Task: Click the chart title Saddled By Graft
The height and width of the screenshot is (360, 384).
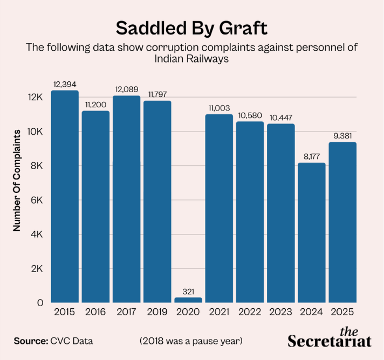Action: pyautogui.click(x=191, y=28)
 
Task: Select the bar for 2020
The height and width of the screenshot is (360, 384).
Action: pyautogui.click(x=188, y=300)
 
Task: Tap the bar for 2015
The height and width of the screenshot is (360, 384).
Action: pyautogui.click(x=65, y=197)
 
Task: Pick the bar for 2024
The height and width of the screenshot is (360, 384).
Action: pyautogui.click(x=312, y=233)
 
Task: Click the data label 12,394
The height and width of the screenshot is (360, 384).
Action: pyautogui.click(x=65, y=85)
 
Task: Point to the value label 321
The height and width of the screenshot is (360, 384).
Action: pyautogui.click(x=188, y=292)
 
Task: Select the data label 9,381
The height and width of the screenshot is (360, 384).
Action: pyautogui.click(x=342, y=136)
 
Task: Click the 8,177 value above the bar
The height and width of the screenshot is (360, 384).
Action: pyautogui.click(x=312, y=157)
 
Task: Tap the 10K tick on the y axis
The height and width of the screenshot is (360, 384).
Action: pyautogui.click(x=35, y=131)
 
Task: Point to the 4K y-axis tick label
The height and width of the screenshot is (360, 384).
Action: pyautogui.click(x=37, y=234)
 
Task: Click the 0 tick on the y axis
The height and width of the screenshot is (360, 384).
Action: pyautogui.click(x=40, y=303)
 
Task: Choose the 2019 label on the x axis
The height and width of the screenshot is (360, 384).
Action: pyautogui.click(x=157, y=312)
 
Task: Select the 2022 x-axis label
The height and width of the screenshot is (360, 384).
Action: pyautogui.click(x=250, y=312)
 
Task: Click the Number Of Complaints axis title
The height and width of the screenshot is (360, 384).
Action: pyautogui.click(x=17, y=181)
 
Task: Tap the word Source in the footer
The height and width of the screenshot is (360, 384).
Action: pyautogui.click(x=31, y=341)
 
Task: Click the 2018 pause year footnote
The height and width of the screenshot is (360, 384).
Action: pyautogui.click(x=191, y=341)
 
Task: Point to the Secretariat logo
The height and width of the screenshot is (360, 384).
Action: pyautogui.click(x=330, y=338)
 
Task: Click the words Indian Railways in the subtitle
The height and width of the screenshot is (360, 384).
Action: pyautogui.click(x=191, y=59)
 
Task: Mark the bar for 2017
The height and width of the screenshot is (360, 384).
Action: pyautogui.click(x=127, y=199)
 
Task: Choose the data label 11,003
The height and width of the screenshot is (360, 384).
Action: pyautogui.click(x=219, y=108)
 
